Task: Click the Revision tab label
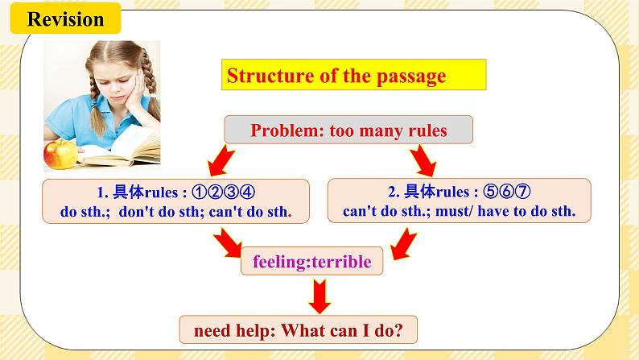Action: coord(65,19)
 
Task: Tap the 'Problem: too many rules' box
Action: coord(348,130)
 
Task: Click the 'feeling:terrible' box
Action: coord(312,262)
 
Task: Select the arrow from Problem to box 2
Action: coord(422,160)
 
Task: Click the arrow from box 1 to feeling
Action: coord(226,241)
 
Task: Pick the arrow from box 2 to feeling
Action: coord(402,241)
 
